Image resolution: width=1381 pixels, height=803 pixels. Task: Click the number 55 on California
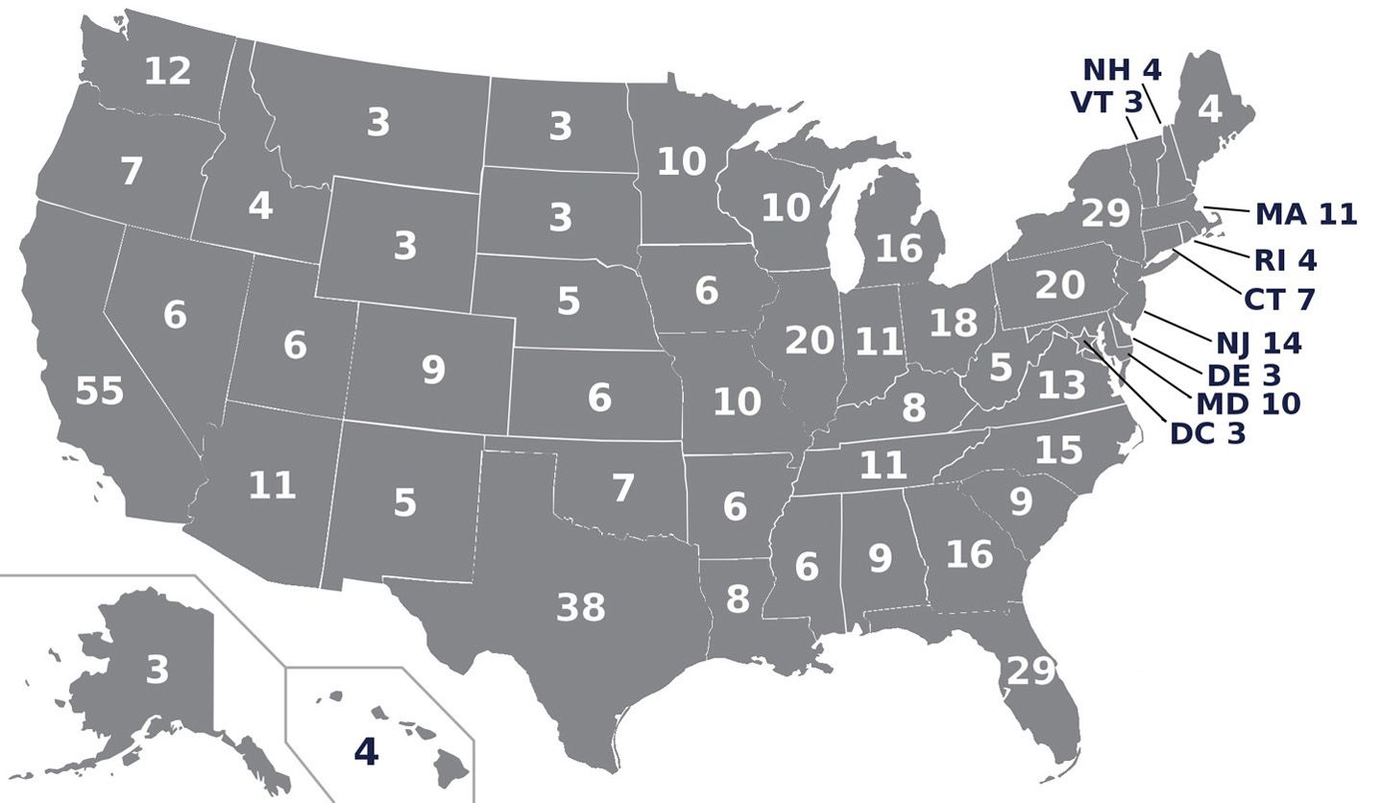100,391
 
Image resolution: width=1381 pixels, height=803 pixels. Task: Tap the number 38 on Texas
581,607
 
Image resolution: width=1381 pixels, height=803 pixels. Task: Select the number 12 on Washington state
168,71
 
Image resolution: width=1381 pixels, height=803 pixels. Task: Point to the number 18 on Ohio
954,323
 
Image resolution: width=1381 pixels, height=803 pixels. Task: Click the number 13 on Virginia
1061,385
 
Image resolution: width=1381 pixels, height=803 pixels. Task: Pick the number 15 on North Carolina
1059,450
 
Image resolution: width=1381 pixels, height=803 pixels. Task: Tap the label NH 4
1122,69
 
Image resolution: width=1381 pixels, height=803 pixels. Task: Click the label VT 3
1107,102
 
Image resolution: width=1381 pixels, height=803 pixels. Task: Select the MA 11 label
1306,213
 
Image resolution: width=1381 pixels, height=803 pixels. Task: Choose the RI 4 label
1285,259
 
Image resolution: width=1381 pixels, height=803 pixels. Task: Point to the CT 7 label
1278,299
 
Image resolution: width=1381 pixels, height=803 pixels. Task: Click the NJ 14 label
1258,342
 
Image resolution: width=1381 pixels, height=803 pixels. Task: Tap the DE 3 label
1245,375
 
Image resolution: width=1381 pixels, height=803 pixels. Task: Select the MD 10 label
1248,403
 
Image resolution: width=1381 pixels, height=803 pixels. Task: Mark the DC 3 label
1207,433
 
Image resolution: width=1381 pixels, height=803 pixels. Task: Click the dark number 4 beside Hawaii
366,751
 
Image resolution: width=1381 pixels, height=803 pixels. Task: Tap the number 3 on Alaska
157,669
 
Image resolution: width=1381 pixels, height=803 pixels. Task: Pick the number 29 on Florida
1030,670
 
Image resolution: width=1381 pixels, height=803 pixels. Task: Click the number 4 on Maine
1210,109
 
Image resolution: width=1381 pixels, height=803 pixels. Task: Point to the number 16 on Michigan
900,248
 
